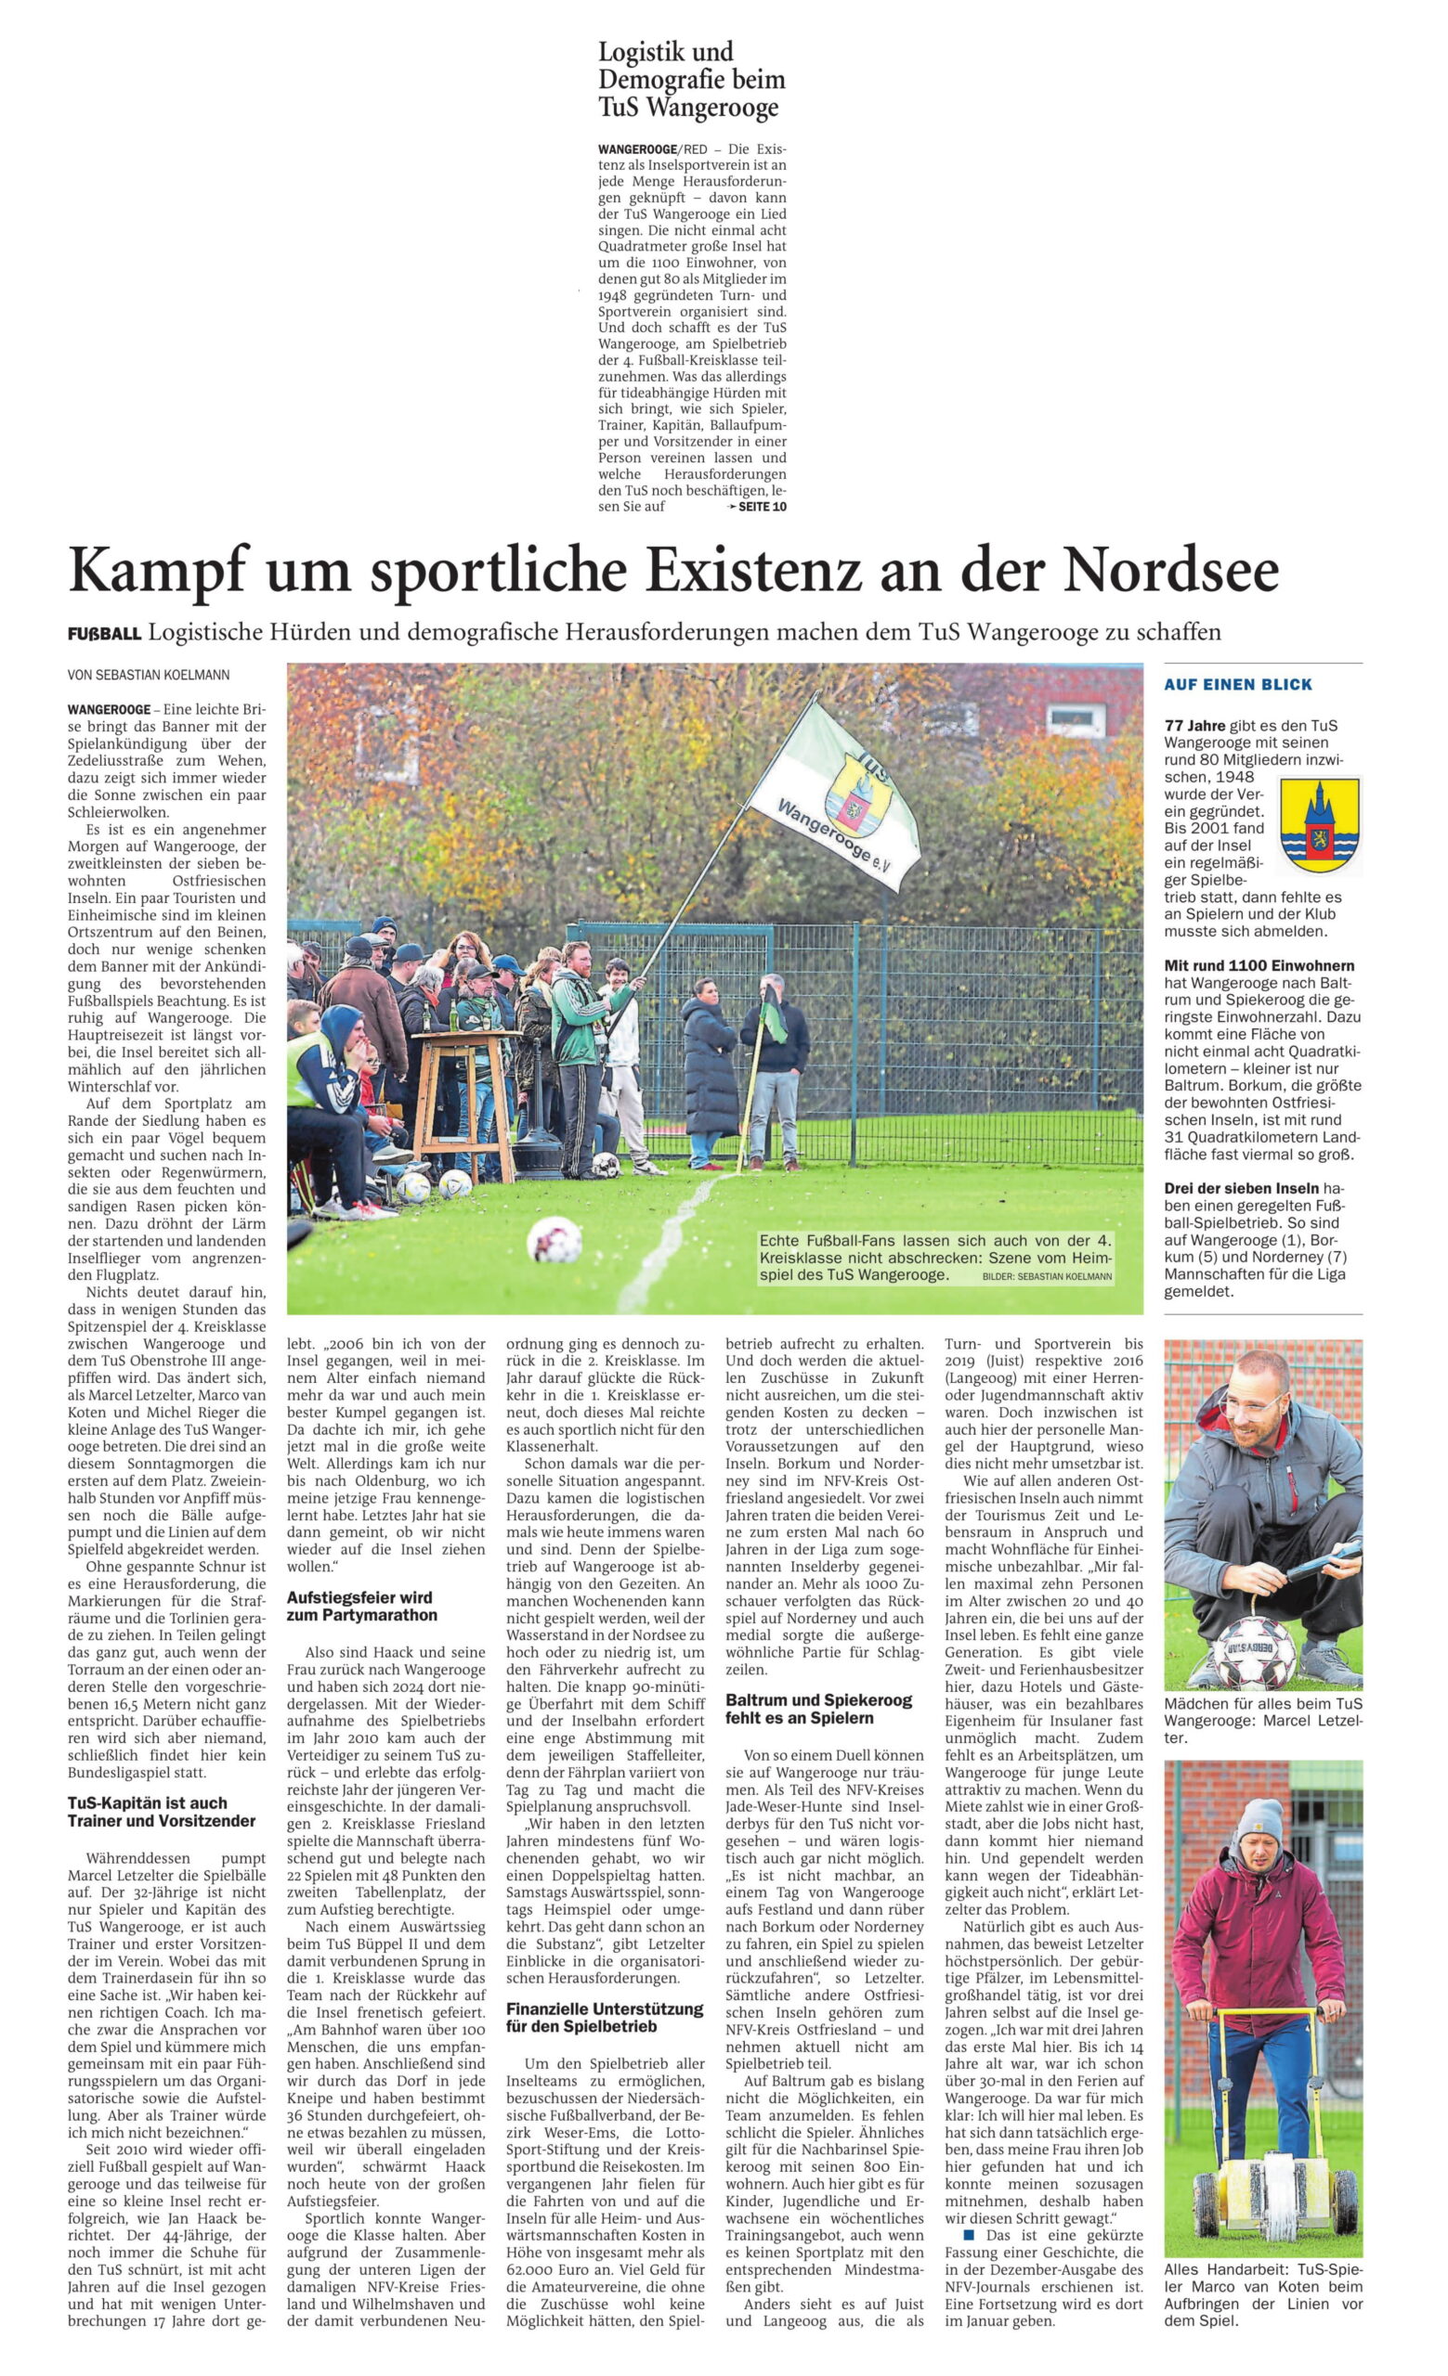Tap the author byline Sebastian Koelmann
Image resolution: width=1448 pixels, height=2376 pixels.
(x=149, y=676)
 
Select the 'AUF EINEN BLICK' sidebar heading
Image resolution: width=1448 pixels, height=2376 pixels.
(x=1238, y=685)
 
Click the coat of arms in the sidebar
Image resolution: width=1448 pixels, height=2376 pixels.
(x=1319, y=826)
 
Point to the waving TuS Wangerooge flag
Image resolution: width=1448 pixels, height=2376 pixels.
(x=831, y=791)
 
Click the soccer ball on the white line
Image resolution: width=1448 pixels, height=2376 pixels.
(x=554, y=1239)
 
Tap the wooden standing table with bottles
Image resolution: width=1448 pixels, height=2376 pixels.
(x=465, y=1099)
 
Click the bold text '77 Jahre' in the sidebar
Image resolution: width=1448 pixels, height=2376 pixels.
(x=1197, y=725)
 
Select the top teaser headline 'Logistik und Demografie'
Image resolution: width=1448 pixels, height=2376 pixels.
(x=691, y=79)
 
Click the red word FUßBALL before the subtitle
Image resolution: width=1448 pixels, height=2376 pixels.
(x=104, y=634)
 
